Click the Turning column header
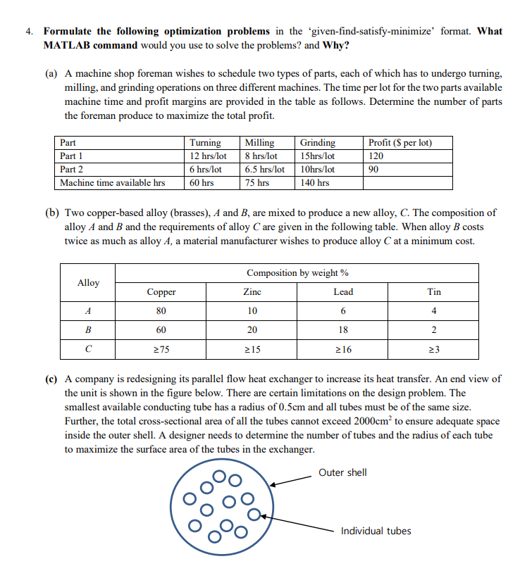(x=205, y=143)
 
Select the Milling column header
(x=259, y=143)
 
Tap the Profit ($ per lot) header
(x=400, y=143)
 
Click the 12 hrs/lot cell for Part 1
(x=209, y=156)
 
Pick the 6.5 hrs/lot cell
(x=265, y=170)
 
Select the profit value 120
(x=377, y=156)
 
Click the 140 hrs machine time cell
(x=314, y=183)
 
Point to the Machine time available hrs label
(x=113, y=183)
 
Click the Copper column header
(x=161, y=292)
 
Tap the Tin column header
(x=434, y=292)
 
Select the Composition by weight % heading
(x=297, y=273)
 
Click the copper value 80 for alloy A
(x=161, y=311)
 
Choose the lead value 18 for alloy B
(x=343, y=330)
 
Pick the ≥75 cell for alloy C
(x=161, y=349)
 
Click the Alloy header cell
(x=88, y=282)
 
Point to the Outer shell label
(x=342, y=472)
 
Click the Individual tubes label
(x=376, y=531)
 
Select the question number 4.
(x=28, y=32)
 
